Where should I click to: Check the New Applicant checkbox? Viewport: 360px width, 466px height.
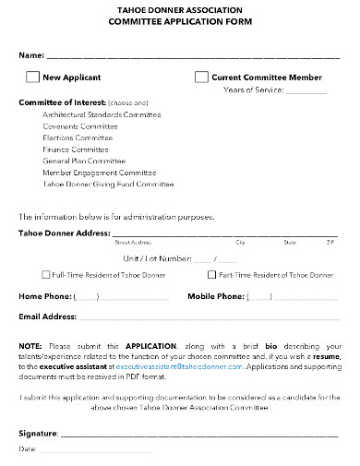33,78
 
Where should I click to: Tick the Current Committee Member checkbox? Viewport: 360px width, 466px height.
201,78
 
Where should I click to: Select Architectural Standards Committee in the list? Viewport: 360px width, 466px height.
102,114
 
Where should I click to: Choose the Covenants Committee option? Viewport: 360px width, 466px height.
79,125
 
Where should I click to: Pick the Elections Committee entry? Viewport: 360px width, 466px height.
78,137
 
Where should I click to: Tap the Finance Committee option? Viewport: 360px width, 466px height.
75,148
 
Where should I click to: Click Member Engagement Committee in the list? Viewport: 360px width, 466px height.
99,172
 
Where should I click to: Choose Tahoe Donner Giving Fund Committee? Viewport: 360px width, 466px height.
108,183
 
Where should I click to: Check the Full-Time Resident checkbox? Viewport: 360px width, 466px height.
46,275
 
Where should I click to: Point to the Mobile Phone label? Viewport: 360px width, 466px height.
216,296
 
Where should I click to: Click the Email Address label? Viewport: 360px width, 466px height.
47,317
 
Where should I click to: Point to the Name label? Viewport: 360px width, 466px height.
31,56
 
